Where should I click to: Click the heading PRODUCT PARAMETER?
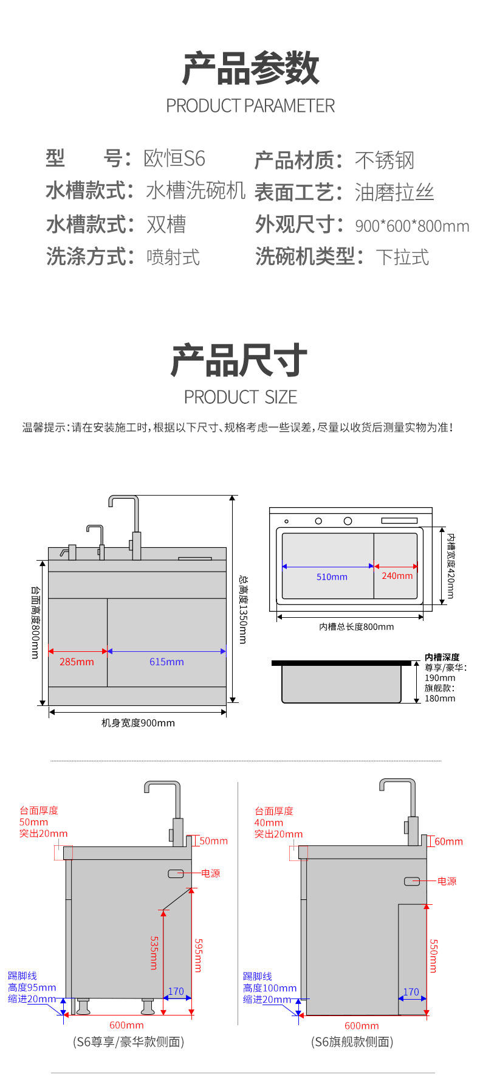[250, 106]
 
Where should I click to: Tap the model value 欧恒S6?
[174, 159]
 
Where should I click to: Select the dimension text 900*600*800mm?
[412, 226]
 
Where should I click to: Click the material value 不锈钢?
[384, 161]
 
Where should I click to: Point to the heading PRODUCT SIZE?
[241, 397]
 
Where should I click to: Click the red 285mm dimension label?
[77, 662]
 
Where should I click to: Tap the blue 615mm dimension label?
[166, 662]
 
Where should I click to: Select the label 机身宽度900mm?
[138, 723]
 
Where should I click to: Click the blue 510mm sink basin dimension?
[332, 576]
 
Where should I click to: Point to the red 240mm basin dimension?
[397, 575]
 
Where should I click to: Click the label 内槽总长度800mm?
[357, 626]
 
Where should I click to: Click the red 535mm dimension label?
[154, 952]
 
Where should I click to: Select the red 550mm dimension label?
[433, 955]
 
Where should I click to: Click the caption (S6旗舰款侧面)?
[352, 1042]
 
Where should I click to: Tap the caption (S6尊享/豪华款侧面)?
[128, 1042]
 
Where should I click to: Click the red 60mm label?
[448, 842]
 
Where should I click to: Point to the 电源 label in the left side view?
[211, 873]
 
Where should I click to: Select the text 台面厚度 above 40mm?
[274, 811]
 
